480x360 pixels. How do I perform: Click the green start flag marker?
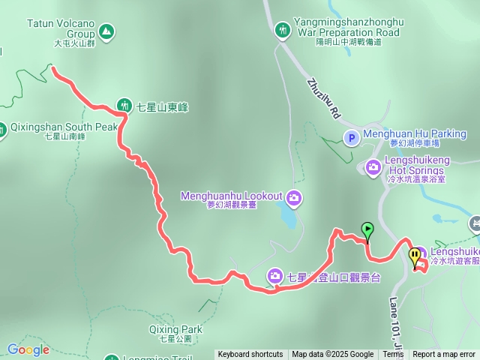point(367,229)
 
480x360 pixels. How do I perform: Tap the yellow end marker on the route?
point(415,256)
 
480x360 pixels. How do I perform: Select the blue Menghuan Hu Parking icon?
point(352,137)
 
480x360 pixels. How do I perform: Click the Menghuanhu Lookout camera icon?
point(295,197)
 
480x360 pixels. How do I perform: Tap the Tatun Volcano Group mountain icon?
point(106,31)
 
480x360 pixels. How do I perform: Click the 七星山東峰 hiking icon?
point(124,106)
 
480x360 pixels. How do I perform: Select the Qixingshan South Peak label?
point(64,127)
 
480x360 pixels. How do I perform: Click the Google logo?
point(28,349)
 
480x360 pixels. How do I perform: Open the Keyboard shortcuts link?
point(250,355)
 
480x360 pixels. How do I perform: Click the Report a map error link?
point(444,355)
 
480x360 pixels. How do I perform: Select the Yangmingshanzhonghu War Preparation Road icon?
point(282,30)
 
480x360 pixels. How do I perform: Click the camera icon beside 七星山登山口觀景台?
point(275,277)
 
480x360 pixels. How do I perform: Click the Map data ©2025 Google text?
point(332,355)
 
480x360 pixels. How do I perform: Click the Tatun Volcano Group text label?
point(61,28)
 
